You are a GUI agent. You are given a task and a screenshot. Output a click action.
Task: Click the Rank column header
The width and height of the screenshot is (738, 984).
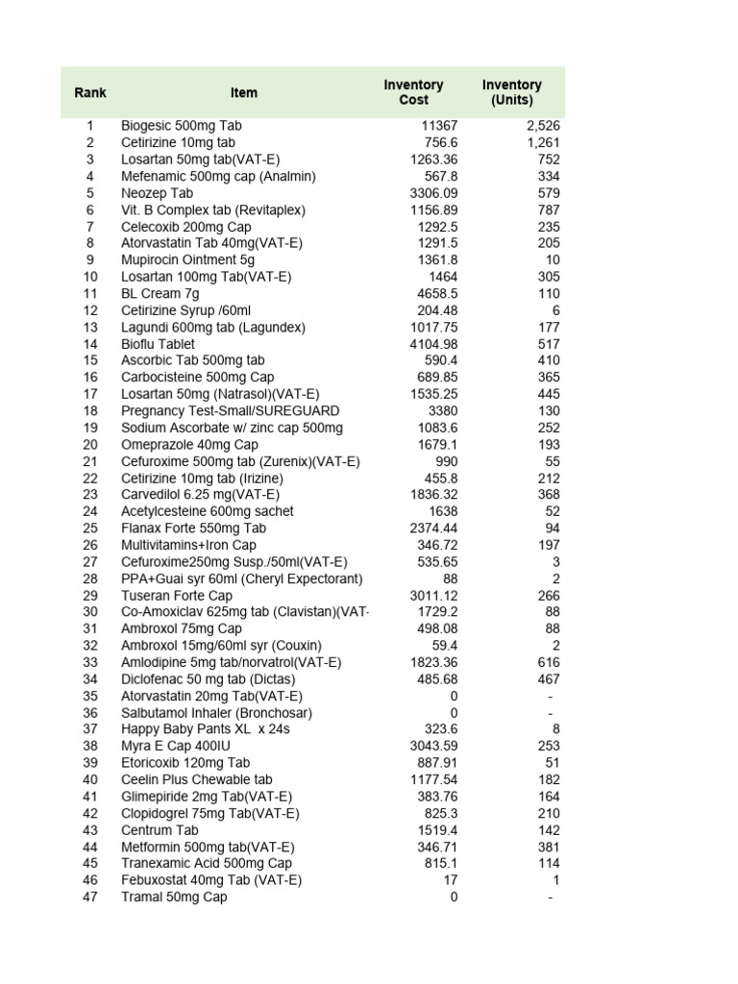90,93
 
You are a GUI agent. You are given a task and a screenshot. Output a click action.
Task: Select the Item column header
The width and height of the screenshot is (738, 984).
244,93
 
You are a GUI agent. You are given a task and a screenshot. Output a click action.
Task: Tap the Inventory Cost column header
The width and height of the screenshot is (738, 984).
413,92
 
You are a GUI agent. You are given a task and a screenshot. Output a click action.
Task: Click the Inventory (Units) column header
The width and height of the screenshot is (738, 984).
511,92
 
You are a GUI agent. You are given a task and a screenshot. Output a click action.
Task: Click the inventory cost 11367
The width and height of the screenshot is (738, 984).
439,126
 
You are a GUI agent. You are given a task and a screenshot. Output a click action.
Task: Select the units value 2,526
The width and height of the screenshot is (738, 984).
543,126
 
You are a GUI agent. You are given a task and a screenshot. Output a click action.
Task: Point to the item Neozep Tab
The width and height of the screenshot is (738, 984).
157,193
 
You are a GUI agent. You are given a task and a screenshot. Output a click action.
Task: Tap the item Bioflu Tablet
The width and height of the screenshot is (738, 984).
158,344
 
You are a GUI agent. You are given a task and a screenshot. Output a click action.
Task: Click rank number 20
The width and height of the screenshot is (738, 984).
90,444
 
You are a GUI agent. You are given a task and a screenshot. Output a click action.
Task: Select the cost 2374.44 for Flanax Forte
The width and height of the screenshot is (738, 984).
433,528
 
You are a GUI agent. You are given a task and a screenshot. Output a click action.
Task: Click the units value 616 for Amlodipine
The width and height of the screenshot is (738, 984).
549,662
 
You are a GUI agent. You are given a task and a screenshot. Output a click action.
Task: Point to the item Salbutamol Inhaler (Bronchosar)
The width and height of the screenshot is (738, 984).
216,712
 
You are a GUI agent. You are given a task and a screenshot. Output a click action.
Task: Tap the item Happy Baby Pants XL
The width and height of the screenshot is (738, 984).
205,729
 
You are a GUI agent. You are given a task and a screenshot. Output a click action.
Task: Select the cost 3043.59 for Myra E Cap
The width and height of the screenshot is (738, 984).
433,746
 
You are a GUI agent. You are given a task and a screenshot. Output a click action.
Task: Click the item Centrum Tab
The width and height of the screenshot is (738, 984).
160,829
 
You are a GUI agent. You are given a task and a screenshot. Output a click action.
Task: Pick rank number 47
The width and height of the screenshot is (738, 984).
90,897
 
